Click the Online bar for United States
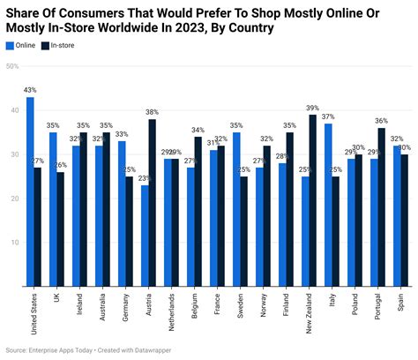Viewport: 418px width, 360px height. (x=30, y=191)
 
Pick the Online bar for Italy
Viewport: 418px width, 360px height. (x=327, y=205)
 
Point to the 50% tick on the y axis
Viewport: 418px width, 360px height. (x=11, y=66)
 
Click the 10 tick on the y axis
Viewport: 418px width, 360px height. (x=13, y=242)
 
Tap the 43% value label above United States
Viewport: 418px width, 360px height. (x=30, y=91)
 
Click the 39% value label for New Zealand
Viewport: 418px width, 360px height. (x=312, y=108)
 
